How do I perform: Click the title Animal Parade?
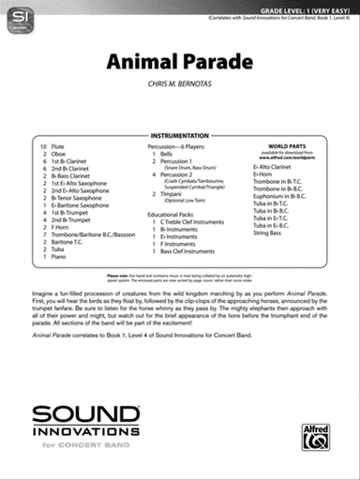pos(180,63)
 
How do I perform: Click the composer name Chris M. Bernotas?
pos(180,84)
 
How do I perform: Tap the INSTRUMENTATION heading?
pos(179,136)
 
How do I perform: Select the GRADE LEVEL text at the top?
pos(292,7)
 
